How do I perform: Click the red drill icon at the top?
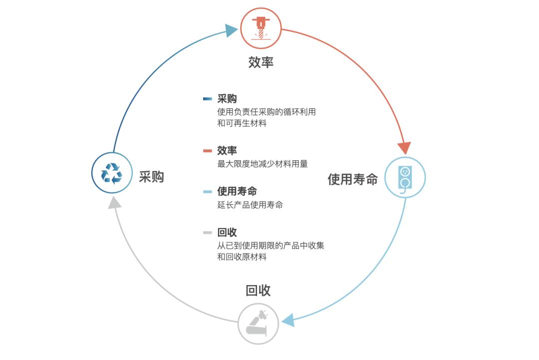261,27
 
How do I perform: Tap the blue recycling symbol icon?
112,173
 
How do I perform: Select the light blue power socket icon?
404,177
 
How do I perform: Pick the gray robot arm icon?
258,323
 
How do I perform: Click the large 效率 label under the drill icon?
261,62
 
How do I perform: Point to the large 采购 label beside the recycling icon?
151,177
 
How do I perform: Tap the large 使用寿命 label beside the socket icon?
352,179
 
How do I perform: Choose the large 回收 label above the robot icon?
258,291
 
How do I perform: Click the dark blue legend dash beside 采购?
208,99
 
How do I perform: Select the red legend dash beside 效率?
208,151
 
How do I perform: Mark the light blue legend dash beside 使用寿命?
208,192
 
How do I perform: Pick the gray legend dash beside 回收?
208,233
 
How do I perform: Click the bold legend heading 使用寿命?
237,192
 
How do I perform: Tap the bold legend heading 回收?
227,233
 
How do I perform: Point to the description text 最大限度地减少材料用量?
263,164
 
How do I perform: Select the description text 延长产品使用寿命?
250,205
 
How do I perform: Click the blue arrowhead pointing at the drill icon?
231,31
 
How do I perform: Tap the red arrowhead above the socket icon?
404,148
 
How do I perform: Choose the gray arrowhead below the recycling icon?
115,202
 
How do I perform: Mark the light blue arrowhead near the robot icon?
288,320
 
